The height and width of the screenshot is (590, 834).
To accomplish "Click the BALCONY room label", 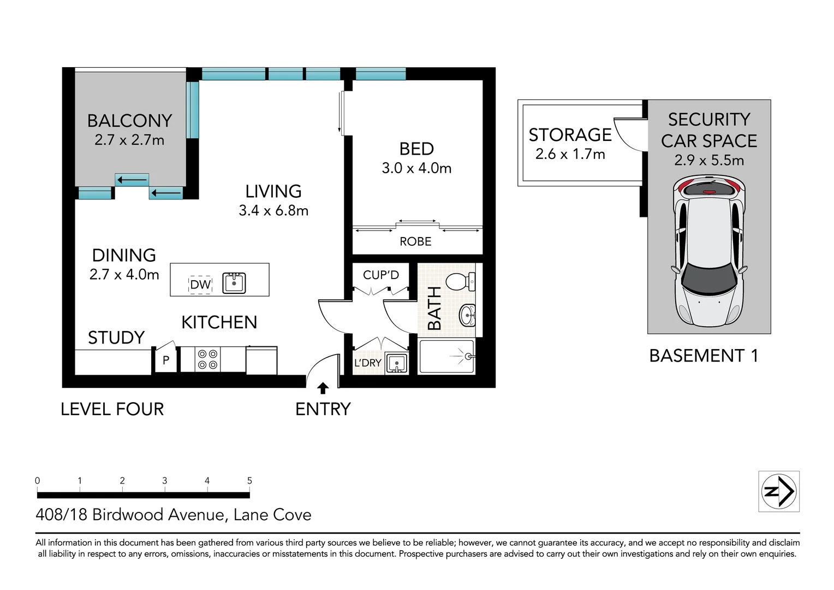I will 129,121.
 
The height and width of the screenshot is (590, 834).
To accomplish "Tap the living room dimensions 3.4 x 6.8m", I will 273,211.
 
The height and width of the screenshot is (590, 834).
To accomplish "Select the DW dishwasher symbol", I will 200,285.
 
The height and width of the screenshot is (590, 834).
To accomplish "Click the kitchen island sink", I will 234,283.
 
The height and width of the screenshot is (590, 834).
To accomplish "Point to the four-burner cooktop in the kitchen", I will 207,359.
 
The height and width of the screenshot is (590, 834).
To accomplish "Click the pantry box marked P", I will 166,361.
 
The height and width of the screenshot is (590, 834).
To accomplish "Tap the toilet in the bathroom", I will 460,282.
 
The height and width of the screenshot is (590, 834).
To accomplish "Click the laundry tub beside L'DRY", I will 396,363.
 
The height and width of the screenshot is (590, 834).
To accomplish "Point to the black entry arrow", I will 323,388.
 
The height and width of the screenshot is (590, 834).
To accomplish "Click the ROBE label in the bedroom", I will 415,241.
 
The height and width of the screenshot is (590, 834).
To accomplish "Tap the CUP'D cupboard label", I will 381,275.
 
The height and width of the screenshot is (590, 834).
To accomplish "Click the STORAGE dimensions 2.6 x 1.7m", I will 570,155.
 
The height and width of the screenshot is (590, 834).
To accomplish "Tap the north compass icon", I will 779,491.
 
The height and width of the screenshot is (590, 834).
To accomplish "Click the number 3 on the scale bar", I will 164,481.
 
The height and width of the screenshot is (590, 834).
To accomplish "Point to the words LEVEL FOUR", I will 112,409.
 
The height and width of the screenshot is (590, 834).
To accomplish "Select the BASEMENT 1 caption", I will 704,356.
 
